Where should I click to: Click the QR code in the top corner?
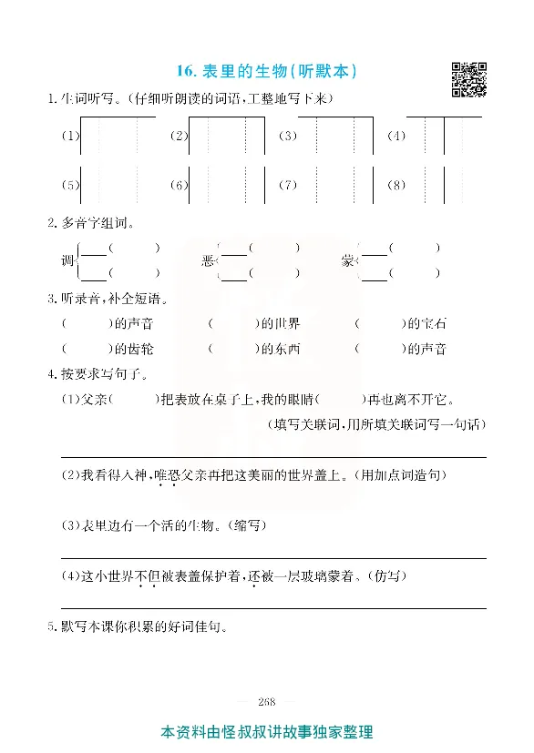tap(468, 79)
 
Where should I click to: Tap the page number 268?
tap(267, 700)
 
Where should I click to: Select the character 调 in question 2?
tap(67, 260)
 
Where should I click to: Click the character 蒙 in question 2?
tap(348, 260)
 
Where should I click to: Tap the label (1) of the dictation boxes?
tap(69, 137)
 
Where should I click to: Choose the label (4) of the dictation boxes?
tap(395, 137)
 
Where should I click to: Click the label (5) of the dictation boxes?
tap(69, 185)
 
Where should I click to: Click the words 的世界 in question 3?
tap(280, 323)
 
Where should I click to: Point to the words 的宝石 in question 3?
tap(426, 323)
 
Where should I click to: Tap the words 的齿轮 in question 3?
tap(134, 348)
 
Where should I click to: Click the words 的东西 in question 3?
tap(280, 348)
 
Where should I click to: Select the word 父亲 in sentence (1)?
tap(94, 398)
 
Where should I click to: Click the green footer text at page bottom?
tap(267, 732)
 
